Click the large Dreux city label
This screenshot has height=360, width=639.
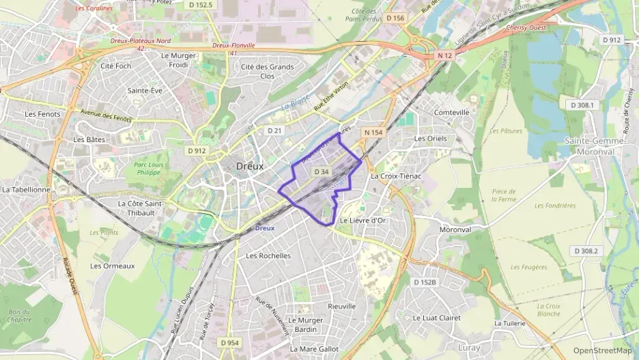[x=250, y=166]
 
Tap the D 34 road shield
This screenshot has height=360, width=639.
[x=322, y=172]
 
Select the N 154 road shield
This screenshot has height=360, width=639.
[x=373, y=132]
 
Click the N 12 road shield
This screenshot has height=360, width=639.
[x=446, y=55]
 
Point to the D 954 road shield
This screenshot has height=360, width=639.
[x=229, y=342]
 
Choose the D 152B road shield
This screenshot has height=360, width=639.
[x=425, y=281]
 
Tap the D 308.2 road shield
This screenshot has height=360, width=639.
[x=586, y=251]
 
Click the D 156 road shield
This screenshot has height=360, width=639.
[x=395, y=18]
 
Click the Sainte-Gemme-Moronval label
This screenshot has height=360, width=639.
[x=594, y=145]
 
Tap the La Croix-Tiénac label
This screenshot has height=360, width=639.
[x=395, y=176]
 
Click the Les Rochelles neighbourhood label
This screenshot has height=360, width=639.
[x=268, y=255]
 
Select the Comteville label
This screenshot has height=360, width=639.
[x=452, y=112]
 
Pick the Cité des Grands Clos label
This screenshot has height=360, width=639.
[x=268, y=71]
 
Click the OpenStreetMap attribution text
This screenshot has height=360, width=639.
[x=602, y=350]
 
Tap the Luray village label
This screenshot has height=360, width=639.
[x=469, y=348]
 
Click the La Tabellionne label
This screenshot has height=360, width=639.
[x=26, y=189]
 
